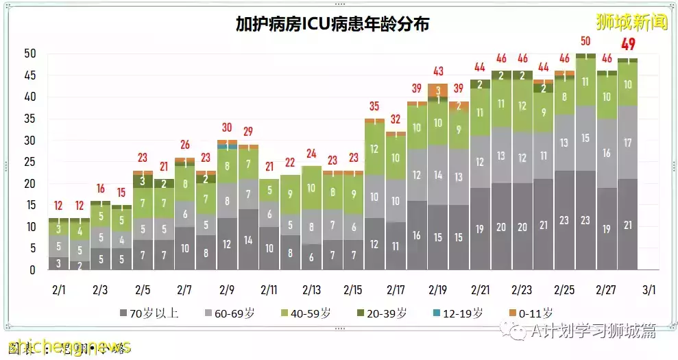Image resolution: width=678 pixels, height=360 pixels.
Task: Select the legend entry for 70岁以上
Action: pos(149,313)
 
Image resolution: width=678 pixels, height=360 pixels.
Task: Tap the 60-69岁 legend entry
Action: pos(231,313)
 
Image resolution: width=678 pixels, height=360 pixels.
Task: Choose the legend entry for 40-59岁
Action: pos(306,313)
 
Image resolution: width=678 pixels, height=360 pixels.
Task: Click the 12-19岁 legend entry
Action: pos(458,313)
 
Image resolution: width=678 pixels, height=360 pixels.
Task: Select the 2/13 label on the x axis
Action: pos(311,290)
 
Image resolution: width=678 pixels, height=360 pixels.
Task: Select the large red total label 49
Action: pos(628,45)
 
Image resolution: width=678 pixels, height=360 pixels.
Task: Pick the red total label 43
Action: pos(438,71)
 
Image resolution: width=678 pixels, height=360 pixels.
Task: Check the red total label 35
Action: pos(374,106)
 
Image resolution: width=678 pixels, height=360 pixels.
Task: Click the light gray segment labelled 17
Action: pos(628,143)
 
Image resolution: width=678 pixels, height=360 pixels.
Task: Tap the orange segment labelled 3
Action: pos(438,90)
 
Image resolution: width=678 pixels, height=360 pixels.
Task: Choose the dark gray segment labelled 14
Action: pos(247,240)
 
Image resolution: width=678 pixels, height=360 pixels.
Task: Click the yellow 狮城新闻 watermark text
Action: pos(631,22)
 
